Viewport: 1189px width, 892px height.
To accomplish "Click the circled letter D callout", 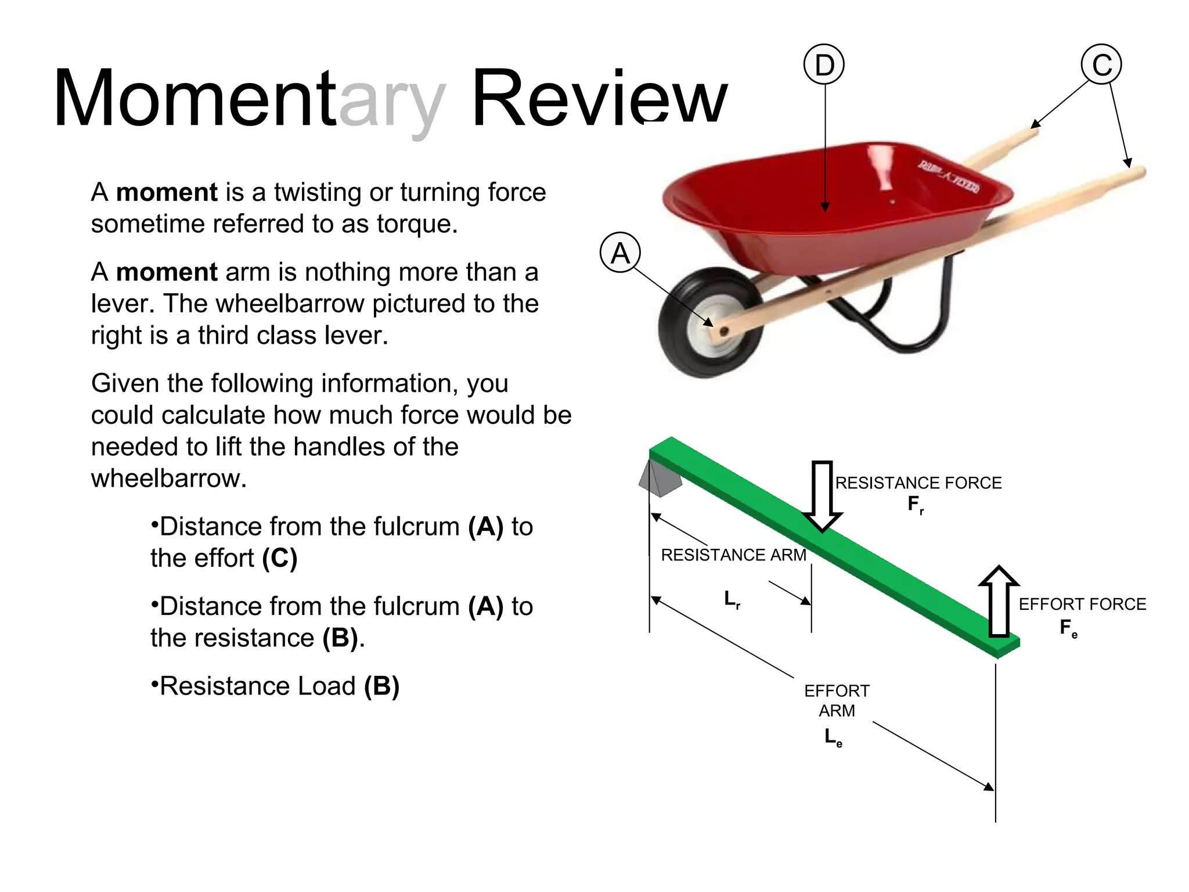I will (x=824, y=64).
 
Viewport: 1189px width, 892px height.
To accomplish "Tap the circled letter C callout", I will (x=1101, y=64).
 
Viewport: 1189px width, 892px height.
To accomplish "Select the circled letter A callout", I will (x=620, y=253).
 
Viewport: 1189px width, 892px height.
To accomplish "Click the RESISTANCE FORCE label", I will (x=918, y=483).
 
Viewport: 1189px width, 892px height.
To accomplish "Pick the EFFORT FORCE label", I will (x=1082, y=605).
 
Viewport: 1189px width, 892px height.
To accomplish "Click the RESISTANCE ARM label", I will (x=733, y=555).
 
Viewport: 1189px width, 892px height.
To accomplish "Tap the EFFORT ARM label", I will (x=837, y=700).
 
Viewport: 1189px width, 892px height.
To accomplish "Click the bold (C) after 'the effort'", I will (x=279, y=558).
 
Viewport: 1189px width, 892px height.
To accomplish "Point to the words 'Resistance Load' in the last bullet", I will (x=258, y=686).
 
